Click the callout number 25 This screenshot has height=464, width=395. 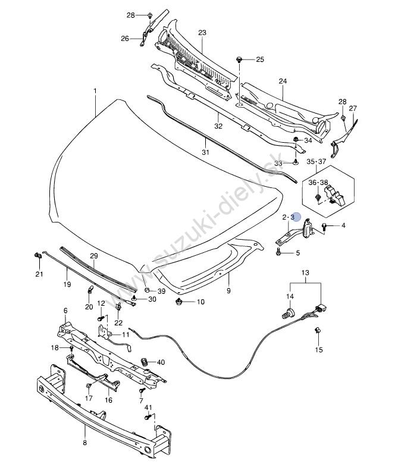coord(260,59)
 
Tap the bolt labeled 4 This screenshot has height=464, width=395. coord(324,227)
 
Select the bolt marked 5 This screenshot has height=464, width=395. coord(278,252)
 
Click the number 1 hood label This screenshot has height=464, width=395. coord(95,90)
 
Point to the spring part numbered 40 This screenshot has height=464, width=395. coord(144,362)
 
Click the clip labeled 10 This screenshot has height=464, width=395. coord(178,302)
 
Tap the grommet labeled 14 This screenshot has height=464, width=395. coord(289,312)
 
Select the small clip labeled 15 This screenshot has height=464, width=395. coord(318,330)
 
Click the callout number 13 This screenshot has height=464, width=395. coord(305,272)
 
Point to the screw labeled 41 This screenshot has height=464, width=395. coord(148,417)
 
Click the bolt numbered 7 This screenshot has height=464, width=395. coord(141,391)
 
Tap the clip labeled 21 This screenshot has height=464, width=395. coord(37,256)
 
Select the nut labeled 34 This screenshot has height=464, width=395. coord(296,139)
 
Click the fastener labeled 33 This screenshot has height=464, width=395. coord(296,162)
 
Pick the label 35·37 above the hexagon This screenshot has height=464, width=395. coord(316,162)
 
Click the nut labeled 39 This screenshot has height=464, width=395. coord(147,290)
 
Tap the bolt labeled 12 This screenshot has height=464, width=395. coord(101,318)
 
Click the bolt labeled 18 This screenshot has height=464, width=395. coord(71,348)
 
